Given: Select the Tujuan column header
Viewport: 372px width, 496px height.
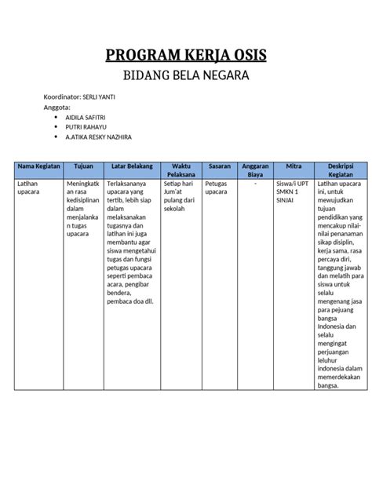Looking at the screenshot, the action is [x=83, y=166].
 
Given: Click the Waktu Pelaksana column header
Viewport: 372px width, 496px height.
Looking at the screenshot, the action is [x=181, y=170].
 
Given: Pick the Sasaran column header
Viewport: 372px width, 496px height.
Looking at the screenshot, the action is [x=220, y=166].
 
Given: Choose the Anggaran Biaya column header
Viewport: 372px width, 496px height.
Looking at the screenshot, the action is [x=255, y=170].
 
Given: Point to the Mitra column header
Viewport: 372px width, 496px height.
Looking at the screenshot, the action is [x=294, y=166].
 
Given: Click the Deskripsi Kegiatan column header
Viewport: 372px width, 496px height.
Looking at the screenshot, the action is [x=340, y=170].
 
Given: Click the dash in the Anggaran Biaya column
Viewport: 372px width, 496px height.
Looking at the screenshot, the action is [x=255, y=183].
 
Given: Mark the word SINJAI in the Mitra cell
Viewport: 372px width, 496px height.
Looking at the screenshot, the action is [x=286, y=201].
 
